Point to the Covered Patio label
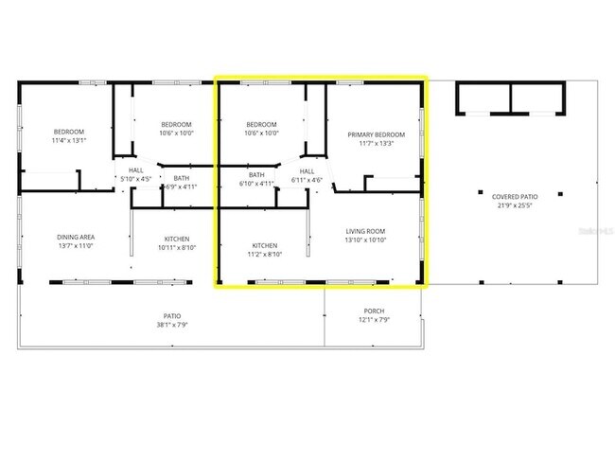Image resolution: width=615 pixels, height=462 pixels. tap(514, 197)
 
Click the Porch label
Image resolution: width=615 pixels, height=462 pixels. tap(375, 311)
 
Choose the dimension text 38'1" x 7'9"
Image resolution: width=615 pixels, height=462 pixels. tap(172, 325)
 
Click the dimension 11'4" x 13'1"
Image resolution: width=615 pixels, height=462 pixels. tap(69, 140)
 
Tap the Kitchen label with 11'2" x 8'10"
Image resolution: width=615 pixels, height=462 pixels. tap(265, 245)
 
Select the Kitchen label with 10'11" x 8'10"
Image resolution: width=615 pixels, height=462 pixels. tap(177, 238)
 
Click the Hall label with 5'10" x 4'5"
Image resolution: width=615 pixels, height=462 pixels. tap(136, 171)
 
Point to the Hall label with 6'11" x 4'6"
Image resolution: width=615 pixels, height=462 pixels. tap(307, 171)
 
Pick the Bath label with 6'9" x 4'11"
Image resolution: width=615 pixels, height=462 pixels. tap(181, 178)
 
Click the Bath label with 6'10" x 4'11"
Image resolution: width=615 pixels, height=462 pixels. tap(256, 174)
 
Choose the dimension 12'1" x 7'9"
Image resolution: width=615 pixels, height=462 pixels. tap(375, 320)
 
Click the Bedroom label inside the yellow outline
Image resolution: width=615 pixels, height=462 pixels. tap(261, 125)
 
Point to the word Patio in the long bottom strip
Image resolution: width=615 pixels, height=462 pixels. tap(172, 315)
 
